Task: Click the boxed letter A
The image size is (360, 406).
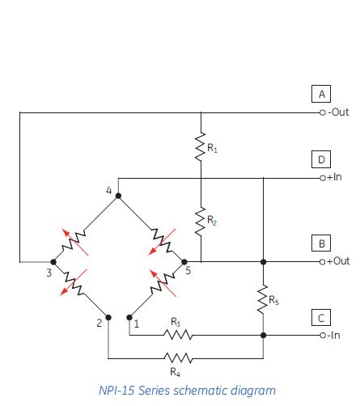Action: pyautogui.click(x=322, y=95)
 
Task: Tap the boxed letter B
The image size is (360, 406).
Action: pyautogui.click(x=322, y=243)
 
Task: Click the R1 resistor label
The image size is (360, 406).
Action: pyautogui.click(x=212, y=148)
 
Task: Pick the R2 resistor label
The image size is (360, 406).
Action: pyautogui.click(x=212, y=219)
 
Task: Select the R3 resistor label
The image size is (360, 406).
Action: pyautogui.click(x=175, y=322)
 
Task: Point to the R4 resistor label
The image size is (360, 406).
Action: pyautogui.click(x=175, y=371)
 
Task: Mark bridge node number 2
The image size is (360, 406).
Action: pyautogui.click(x=98, y=324)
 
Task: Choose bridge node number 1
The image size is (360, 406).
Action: pyautogui.click(x=137, y=325)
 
